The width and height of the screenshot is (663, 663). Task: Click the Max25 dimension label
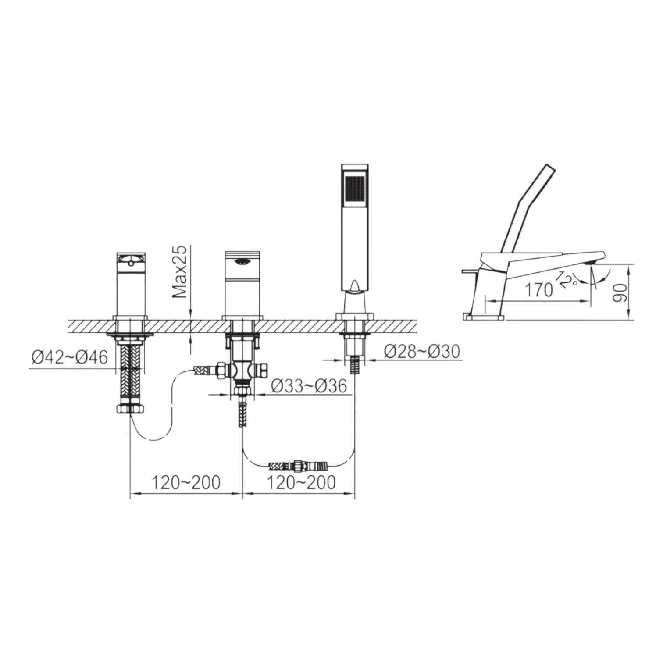click(179, 272)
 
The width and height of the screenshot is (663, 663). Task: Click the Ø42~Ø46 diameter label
click(70, 357)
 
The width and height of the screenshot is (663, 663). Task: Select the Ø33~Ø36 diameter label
click(309, 385)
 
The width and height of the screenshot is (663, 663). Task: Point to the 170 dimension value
click(539, 290)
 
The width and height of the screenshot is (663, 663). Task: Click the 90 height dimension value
click(620, 292)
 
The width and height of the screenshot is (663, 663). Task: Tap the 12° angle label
click(568, 279)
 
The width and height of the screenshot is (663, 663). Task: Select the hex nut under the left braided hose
click(130, 409)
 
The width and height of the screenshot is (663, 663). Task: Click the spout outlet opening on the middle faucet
click(242, 262)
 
